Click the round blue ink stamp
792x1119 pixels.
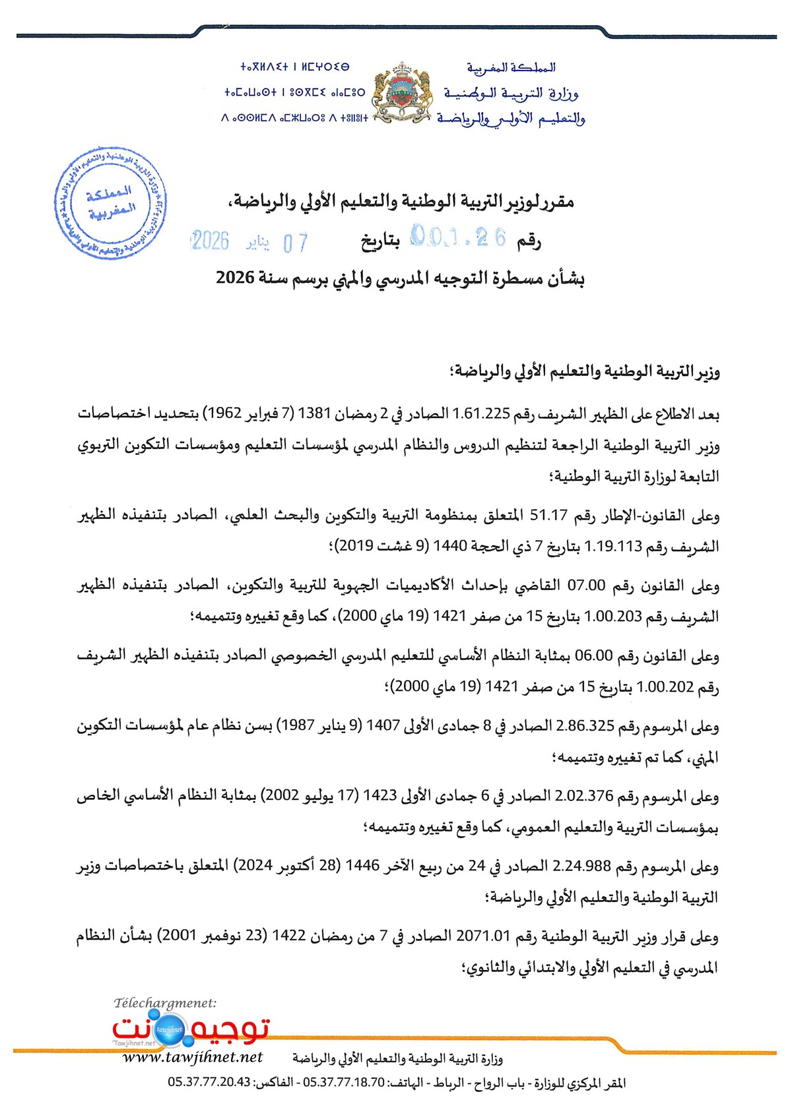tap(110, 203)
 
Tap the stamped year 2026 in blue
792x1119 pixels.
tap(210, 241)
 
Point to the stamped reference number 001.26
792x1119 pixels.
tap(458, 237)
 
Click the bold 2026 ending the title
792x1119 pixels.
tap(235, 278)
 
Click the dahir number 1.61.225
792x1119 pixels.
tap(481, 414)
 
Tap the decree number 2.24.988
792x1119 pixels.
tap(581, 866)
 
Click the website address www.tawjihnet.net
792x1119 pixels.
tap(193, 1057)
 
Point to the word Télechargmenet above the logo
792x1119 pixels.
tap(165, 1003)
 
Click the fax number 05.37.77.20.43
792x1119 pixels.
tap(209, 1082)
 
